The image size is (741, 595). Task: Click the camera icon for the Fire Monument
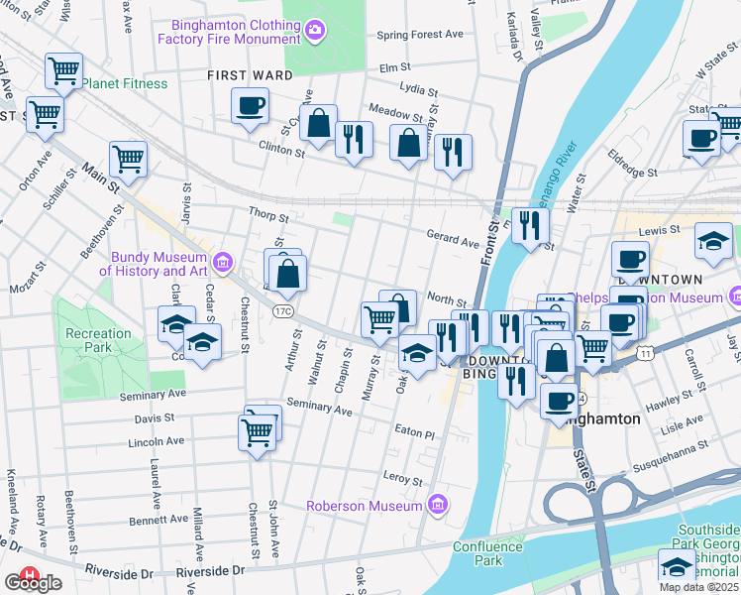click(315, 30)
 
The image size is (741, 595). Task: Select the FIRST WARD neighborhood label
click(250, 75)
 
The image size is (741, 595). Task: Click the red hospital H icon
click(30, 574)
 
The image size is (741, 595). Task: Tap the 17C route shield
click(281, 311)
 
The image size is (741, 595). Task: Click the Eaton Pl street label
click(414, 434)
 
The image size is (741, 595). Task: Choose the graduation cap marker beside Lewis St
click(713, 241)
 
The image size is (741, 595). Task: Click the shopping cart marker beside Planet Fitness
click(63, 70)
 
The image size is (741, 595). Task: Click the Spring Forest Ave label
click(420, 35)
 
